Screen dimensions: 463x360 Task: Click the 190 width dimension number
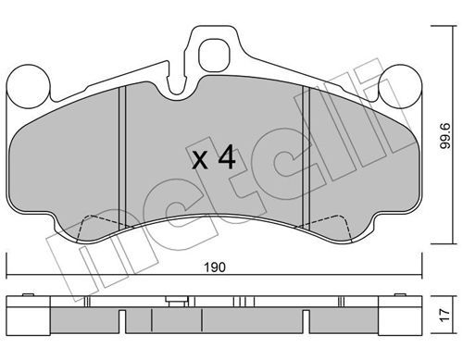point(215,267)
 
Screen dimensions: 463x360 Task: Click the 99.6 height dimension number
point(445,136)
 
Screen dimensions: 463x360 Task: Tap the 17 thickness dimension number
point(444,315)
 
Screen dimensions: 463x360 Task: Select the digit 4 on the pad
point(227,158)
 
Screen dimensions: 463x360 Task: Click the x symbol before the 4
point(200,161)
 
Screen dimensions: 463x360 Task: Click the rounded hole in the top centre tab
point(214,56)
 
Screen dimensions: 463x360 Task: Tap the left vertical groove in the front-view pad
point(122,158)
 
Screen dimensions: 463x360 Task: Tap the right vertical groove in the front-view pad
point(307,157)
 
